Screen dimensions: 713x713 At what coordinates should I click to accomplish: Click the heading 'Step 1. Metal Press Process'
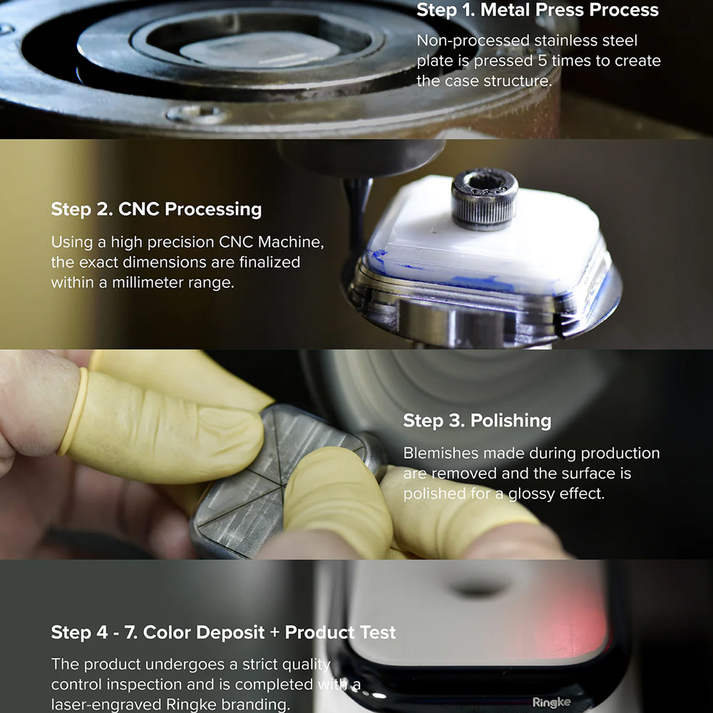tap(538, 10)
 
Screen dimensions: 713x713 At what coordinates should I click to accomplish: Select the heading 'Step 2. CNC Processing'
tap(156, 209)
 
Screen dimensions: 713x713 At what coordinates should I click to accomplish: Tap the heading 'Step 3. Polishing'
tap(477, 421)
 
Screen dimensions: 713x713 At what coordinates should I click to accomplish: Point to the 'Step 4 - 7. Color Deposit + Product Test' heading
tap(223, 632)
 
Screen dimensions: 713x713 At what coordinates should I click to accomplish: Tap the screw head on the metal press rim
tap(198, 113)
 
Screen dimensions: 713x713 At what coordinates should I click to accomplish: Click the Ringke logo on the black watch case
tap(551, 702)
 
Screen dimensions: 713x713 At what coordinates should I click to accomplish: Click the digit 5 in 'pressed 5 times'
tap(542, 61)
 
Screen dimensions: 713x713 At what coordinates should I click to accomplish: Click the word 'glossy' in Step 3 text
tap(531, 494)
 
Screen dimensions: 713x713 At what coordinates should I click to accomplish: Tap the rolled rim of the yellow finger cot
tap(72, 411)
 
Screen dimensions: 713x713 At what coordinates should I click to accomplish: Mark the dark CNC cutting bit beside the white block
tap(358, 214)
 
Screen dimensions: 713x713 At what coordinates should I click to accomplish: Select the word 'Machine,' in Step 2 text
tap(291, 242)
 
